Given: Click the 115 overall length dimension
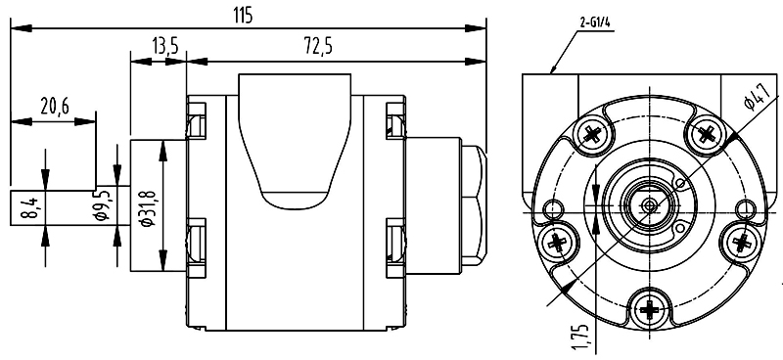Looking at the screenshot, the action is (243, 16).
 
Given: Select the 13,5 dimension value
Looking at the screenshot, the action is (164, 47).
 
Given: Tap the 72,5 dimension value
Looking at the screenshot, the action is (318, 46).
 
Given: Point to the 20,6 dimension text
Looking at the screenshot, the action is (55, 107).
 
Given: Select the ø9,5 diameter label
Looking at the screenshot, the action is (104, 204).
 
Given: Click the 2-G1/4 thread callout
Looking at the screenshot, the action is (596, 22).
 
